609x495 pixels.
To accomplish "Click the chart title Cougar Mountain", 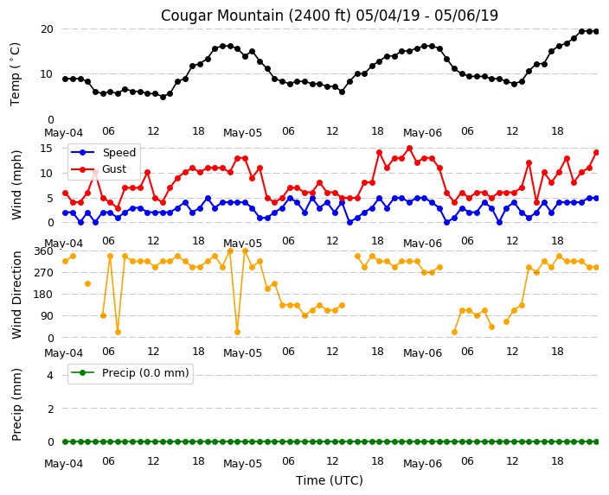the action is point(217,16).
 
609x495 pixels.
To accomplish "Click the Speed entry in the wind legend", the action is point(119,152).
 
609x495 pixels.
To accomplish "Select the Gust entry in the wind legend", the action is point(114,169).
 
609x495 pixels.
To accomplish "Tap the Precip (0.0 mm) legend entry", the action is point(145,373).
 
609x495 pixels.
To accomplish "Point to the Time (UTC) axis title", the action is point(330,480).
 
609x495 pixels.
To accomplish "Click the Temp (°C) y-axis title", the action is point(16,74).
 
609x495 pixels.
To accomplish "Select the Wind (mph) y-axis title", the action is point(16,185).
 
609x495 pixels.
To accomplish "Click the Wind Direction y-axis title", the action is point(16,295).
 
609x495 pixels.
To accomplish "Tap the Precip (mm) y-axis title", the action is point(16,404).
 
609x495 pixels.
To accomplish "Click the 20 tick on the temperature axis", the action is point(47,29).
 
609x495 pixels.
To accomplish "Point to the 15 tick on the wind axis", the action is point(47,149).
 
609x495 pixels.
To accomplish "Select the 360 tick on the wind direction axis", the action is point(43,251).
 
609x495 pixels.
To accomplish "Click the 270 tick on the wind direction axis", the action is point(43,272).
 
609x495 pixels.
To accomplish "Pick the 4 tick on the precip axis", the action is point(50,375).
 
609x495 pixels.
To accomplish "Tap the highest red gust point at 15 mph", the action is point(409,149).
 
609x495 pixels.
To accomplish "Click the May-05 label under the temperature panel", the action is point(242,133).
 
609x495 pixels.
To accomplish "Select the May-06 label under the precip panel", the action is point(422,464).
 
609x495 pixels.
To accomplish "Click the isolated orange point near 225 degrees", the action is point(87,284).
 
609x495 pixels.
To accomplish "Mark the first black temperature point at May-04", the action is point(65,79).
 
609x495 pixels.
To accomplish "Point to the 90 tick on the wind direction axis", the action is point(47,316).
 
